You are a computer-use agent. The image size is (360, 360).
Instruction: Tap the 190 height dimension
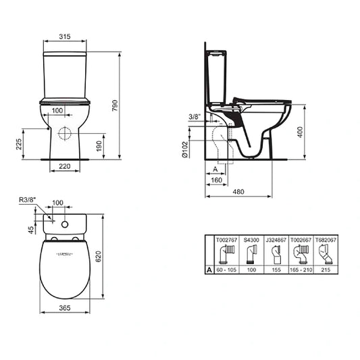[99, 146]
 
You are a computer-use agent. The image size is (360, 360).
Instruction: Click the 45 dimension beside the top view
[30, 228]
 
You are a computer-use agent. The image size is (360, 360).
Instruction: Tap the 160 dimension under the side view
[216, 181]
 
